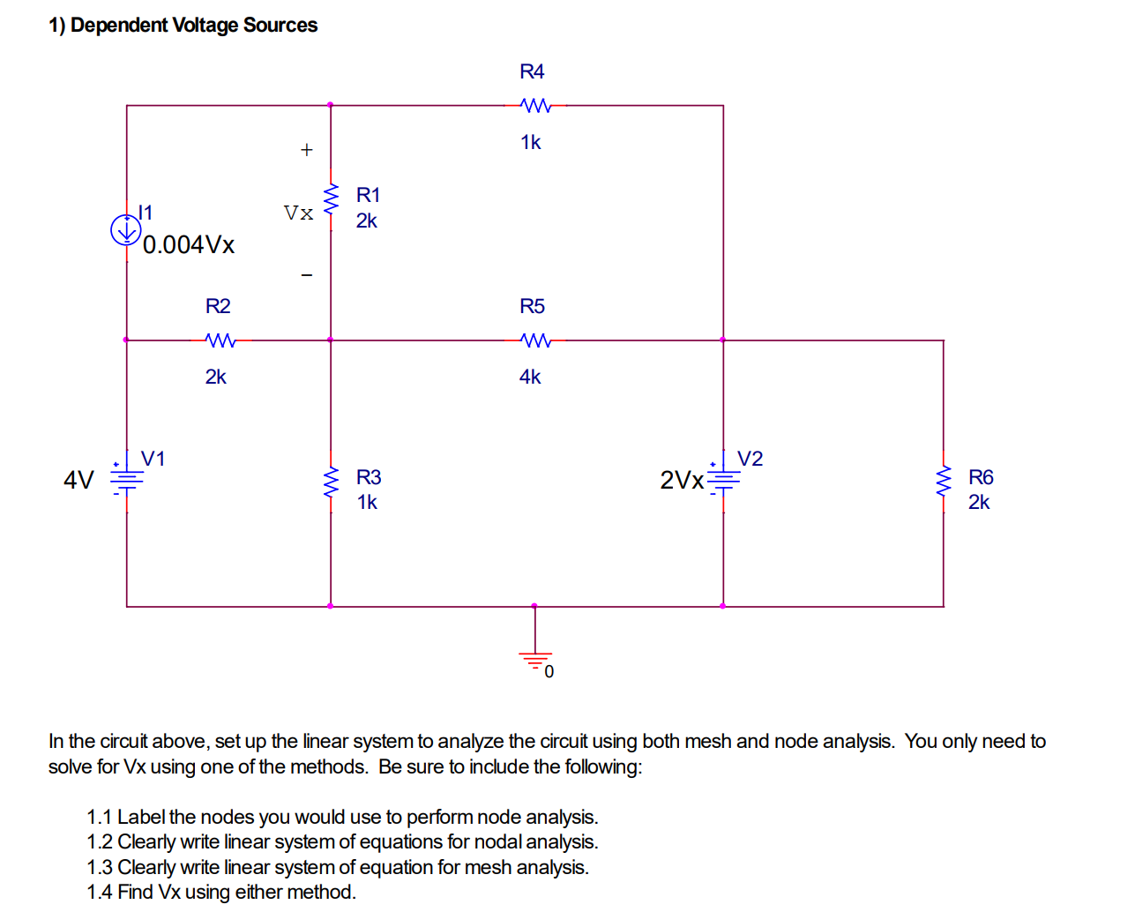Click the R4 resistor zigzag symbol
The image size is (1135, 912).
pos(535,106)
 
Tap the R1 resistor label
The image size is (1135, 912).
pos(368,195)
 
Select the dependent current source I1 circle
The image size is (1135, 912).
pos(126,230)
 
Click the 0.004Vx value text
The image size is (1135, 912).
pos(189,245)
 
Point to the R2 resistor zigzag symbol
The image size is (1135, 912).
pos(220,340)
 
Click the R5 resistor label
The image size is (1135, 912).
pos(532,306)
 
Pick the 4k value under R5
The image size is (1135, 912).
pos(530,377)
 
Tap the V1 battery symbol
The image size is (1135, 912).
pos(126,479)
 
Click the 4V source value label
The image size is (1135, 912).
pos(78,480)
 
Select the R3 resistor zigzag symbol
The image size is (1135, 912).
pos(331,481)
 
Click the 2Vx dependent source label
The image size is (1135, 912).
pos(682,480)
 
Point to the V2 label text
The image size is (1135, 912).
pos(750,459)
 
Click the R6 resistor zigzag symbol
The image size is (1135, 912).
pos(944,481)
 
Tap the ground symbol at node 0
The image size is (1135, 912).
pos(534,657)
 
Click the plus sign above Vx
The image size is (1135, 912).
pos(306,150)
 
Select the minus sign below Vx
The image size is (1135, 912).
pos(306,275)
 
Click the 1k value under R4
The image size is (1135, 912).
pos(530,142)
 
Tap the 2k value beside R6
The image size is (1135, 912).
pos(979,502)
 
